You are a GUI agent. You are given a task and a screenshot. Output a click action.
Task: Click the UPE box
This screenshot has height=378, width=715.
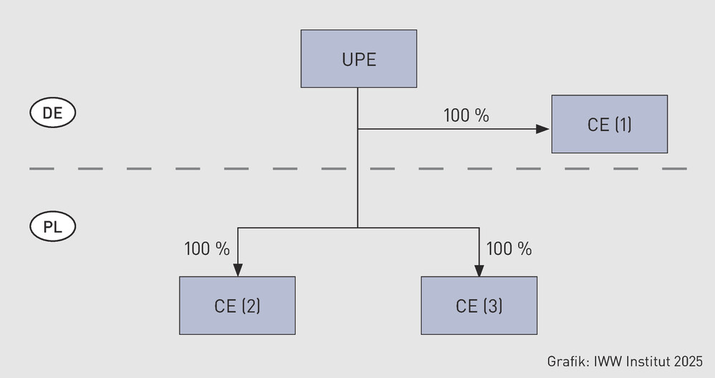click(359, 59)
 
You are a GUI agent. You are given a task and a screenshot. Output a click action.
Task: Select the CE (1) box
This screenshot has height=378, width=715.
click(610, 124)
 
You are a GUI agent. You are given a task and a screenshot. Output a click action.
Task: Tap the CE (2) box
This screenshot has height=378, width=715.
click(237, 306)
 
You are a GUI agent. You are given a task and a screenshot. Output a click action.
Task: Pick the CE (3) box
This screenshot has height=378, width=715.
click(479, 306)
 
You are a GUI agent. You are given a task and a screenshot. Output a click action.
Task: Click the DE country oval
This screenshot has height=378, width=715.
click(53, 112)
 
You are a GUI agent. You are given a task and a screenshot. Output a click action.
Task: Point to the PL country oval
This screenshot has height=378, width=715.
click(53, 227)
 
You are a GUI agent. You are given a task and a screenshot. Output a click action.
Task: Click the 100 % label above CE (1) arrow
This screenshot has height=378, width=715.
click(466, 116)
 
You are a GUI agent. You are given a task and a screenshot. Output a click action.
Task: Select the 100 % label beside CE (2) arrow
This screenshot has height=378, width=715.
click(207, 249)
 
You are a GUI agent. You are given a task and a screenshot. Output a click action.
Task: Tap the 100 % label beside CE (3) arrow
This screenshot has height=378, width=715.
click(509, 249)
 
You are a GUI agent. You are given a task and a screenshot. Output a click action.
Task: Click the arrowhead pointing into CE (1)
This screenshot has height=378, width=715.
click(543, 129)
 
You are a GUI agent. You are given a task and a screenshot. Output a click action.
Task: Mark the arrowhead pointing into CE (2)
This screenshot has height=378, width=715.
click(238, 270)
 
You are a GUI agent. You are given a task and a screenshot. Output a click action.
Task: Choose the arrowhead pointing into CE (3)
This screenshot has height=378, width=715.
click(479, 270)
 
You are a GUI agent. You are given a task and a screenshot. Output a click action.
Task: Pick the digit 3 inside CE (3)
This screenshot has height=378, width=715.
click(492, 306)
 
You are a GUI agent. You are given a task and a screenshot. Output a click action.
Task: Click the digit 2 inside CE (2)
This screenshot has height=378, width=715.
click(251, 306)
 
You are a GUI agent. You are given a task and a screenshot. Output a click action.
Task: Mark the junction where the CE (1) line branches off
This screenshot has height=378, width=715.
click(358, 129)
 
